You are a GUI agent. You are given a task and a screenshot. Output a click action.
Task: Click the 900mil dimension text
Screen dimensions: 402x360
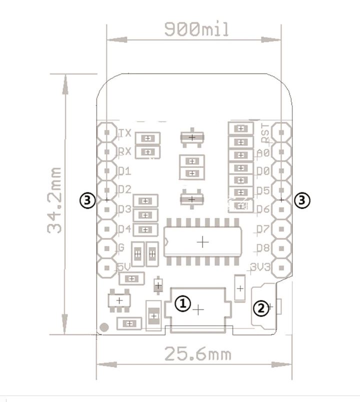click(x=197, y=29)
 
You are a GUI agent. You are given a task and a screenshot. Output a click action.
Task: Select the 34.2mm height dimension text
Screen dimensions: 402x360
click(x=54, y=200)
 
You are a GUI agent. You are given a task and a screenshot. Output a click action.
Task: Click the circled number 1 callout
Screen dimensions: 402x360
click(x=183, y=303)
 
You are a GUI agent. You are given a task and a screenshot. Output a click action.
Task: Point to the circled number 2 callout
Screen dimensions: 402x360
click(x=260, y=308)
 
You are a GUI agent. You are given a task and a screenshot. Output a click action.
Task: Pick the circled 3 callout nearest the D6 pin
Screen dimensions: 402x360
click(x=302, y=200)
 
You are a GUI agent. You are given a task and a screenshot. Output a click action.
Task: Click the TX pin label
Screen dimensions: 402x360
click(x=125, y=133)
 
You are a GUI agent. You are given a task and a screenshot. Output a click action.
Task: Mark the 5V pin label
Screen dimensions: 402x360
click(x=124, y=267)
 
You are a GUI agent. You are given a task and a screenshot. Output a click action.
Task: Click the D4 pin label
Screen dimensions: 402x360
click(x=124, y=229)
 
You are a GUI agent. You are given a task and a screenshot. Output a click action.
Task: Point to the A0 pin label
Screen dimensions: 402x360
click(x=263, y=152)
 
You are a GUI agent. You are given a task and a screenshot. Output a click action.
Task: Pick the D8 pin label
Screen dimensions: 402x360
click(x=263, y=248)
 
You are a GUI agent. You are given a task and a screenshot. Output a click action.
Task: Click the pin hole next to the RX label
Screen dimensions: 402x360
click(x=106, y=151)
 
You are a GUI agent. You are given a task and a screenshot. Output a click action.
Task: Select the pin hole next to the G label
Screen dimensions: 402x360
click(x=106, y=248)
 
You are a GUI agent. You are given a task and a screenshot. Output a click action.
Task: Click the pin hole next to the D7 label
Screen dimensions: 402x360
click(x=282, y=229)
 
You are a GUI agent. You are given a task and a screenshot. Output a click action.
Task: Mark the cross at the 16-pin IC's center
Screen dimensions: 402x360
click(x=202, y=242)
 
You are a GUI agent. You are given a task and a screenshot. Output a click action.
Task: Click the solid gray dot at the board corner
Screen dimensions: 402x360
click(x=104, y=328)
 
